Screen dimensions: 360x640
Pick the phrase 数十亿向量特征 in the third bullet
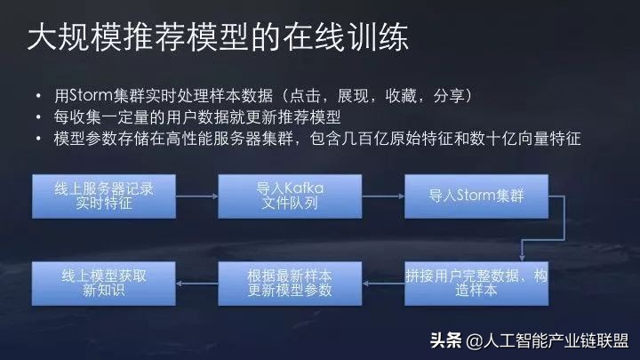530,140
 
